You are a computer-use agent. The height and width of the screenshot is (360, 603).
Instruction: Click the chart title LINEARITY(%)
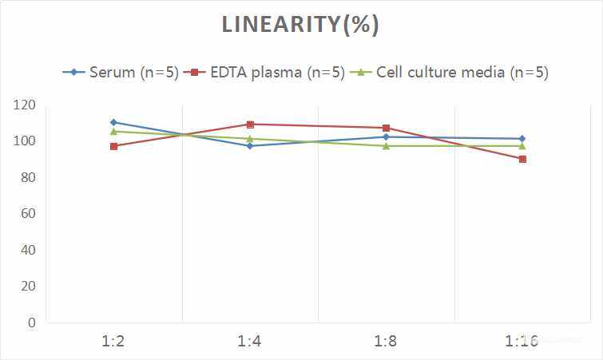[300, 25]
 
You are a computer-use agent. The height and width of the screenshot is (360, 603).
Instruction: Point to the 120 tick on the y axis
[25, 105]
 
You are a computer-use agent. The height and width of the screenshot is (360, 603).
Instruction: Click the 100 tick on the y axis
[25, 141]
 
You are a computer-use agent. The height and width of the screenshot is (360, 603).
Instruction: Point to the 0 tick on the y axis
[31, 322]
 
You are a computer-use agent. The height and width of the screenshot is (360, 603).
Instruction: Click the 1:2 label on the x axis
[114, 342]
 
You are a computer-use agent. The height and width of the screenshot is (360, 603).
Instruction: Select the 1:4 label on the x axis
[250, 342]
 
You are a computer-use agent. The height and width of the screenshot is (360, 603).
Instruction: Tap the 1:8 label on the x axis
[386, 342]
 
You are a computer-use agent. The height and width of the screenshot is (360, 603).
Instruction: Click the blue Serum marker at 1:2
[114, 122]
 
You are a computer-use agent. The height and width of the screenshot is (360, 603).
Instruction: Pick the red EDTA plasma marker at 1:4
[250, 125]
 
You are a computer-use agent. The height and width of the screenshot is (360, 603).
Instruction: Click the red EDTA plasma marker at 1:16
[522, 159]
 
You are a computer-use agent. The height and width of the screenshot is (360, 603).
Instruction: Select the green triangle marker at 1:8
[386, 146]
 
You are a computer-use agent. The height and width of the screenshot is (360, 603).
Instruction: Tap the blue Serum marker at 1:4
[250, 146]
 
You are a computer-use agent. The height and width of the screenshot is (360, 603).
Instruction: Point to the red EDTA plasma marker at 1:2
[114, 146]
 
